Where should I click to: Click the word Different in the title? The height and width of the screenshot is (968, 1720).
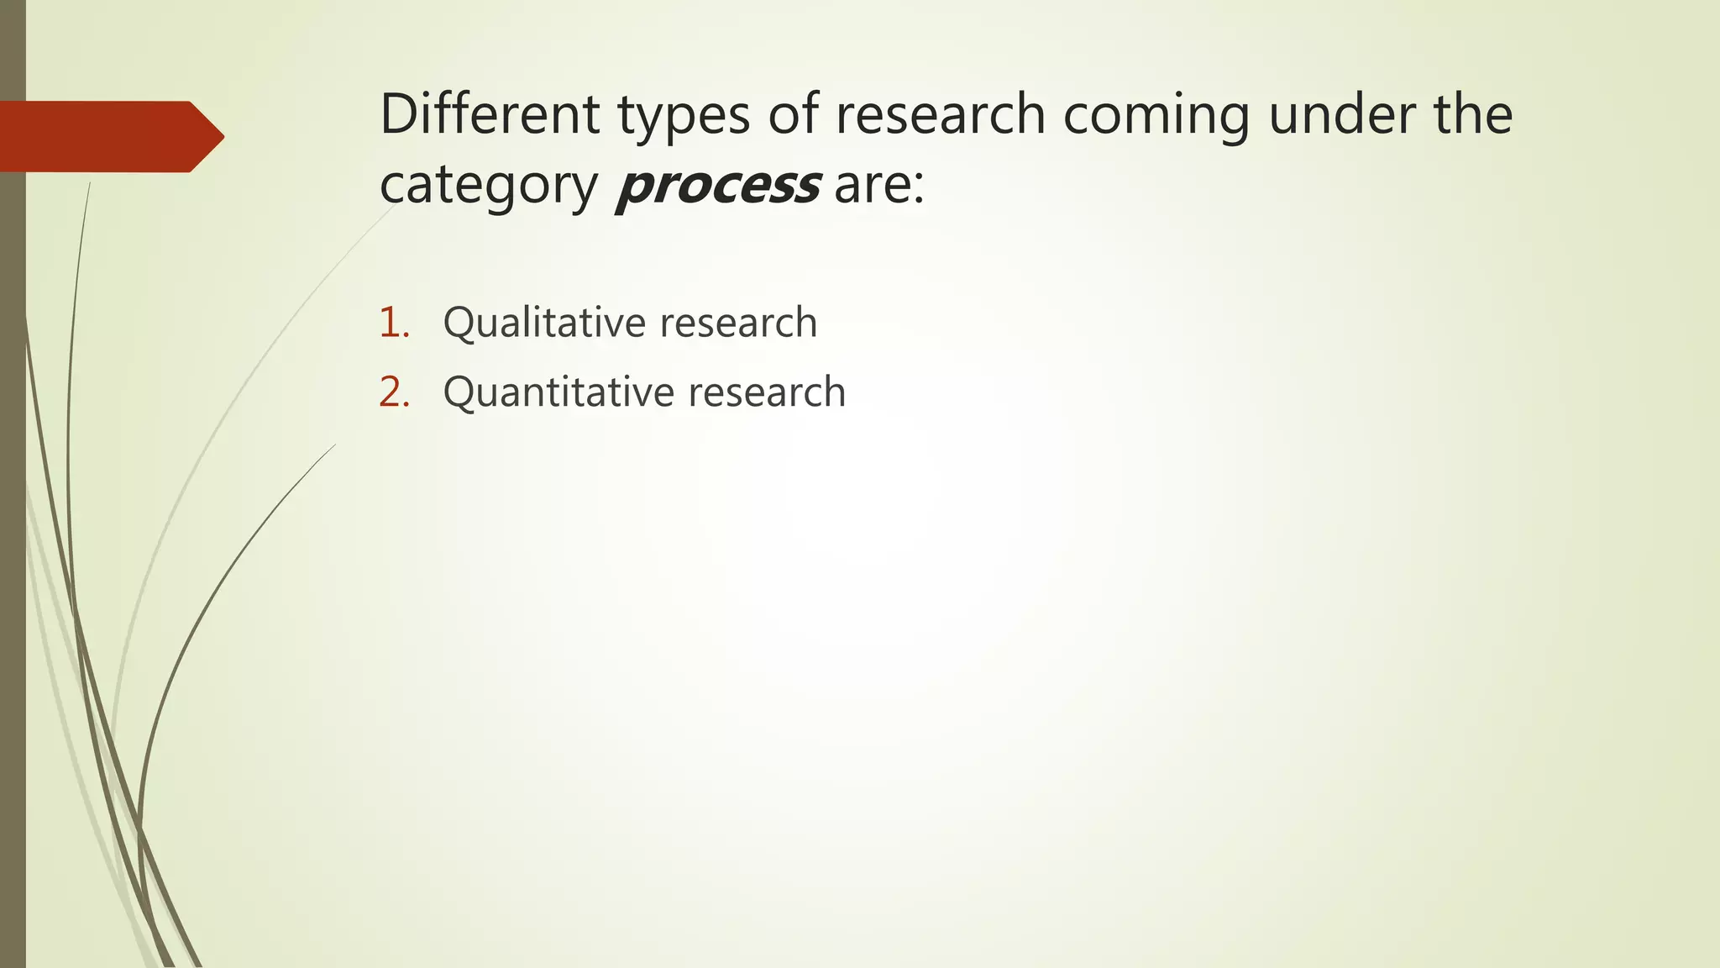(489, 114)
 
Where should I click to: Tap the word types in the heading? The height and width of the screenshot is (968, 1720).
(684, 116)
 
